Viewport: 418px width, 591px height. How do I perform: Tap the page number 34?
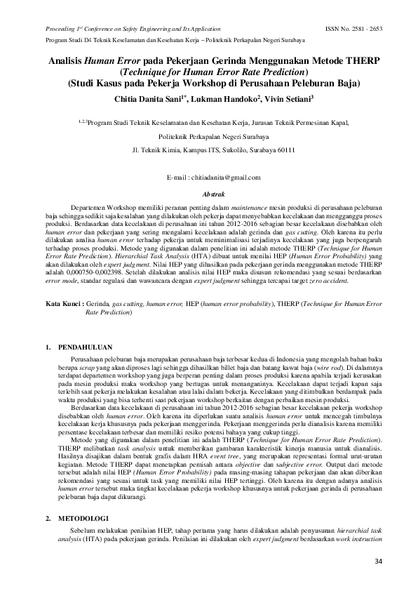(x=379, y=561)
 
